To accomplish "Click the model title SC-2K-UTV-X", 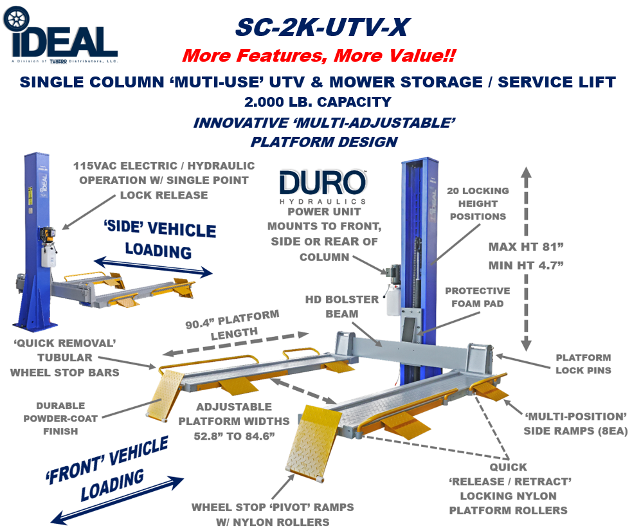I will tap(322, 27).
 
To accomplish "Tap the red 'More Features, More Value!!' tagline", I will tap(319, 55).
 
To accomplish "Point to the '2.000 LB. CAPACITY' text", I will tap(318, 102).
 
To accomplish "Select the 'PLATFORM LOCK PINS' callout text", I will tap(584, 364).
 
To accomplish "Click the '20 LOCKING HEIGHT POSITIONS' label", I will tap(476, 203).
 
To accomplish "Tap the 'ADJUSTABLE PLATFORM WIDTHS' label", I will tap(234, 421).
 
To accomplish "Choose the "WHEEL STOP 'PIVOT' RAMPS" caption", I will tap(273, 514).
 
